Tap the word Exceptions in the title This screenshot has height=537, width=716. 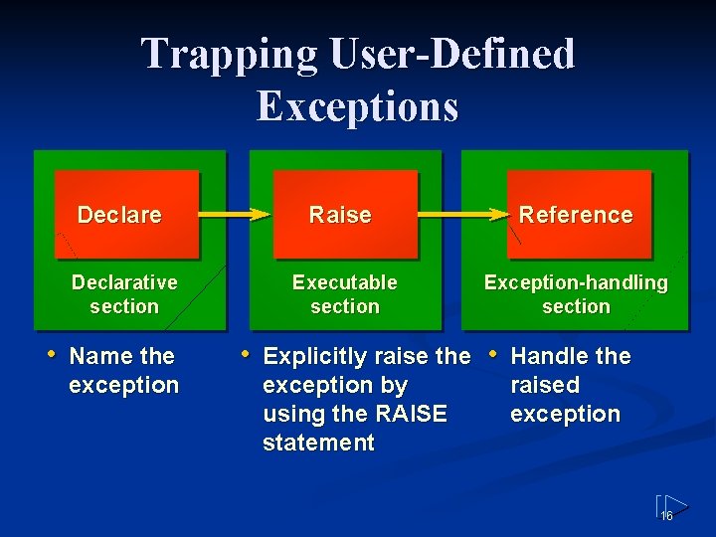coord(357,105)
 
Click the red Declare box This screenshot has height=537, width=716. coord(126,215)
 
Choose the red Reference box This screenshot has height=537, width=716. coord(578,215)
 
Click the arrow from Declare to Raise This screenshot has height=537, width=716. coord(235,214)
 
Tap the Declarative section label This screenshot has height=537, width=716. coord(124,294)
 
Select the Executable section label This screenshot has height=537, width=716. coord(344,294)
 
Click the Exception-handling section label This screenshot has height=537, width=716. coord(576,294)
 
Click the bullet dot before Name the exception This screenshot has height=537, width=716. coord(53,354)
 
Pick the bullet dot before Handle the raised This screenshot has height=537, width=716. coord(492,354)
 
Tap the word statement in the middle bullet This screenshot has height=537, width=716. coord(318,443)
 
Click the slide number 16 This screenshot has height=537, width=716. coord(667,515)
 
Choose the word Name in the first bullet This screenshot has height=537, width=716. coord(97,356)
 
